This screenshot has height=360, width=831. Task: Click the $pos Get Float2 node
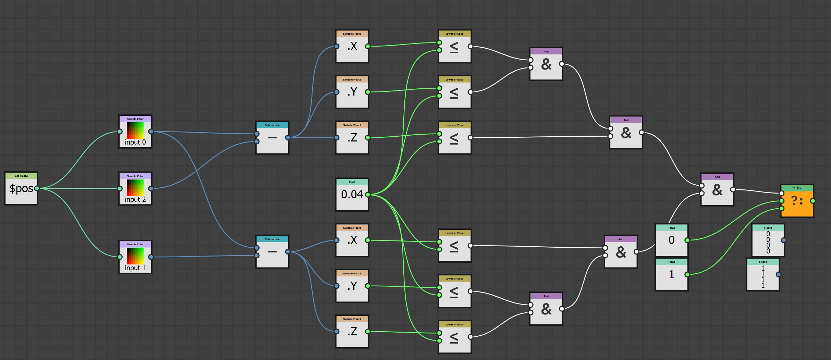click(21, 189)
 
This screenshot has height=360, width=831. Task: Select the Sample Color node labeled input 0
click(135, 132)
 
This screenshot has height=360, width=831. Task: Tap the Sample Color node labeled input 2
click(135, 189)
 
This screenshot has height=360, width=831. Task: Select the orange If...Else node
click(797, 201)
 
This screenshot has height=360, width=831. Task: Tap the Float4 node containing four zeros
click(768, 240)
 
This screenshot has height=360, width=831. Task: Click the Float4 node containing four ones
click(762, 275)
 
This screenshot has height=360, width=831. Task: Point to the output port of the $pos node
click(37, 188)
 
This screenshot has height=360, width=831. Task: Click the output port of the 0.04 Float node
click(368, 195)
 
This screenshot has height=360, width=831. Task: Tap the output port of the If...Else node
click(812, 201)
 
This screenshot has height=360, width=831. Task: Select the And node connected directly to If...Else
click(717, 190)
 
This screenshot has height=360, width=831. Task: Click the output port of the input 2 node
click(151, 188)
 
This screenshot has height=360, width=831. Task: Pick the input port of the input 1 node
click(120, 257)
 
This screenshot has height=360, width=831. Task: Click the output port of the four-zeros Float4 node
click(784, 240)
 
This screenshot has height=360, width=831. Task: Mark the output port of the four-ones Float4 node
click(779, 274)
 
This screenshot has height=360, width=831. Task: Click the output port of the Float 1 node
click(687, 274)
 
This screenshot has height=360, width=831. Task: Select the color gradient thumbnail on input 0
click(135, 131)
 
